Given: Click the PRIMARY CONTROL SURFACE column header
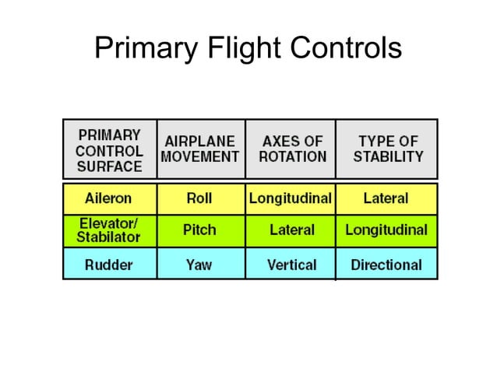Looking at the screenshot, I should pyautogui.click(x=109, y=149).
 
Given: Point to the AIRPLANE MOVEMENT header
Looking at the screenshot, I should pyautogui.click(x=200, y=149).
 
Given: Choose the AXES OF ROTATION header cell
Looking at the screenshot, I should pyautogui.click(x=291, y=149).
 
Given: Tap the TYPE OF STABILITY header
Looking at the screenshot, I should pyautogui.click(x=387, y=149).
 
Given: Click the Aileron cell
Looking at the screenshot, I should pyautogui.click(x=108, y=198).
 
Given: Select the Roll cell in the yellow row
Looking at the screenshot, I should pyautogui.click(x=199, y=198).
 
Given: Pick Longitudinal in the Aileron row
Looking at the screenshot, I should pyautogui.click(x=291, y=198).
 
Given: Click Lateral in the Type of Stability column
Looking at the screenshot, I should pyautogui.click(x=386, y=198).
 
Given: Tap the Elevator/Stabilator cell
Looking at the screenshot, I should pyautogui.click(x=108, y=230).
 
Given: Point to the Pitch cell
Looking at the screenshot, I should pyautogui.click(x=199, y=230).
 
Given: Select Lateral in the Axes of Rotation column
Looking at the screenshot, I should pyautogui.click(x=291, y=230).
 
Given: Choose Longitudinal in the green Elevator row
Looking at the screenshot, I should pyautogui.click(x=386, y=230).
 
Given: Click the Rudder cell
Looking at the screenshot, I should pyautogui.click(x=108, y=265).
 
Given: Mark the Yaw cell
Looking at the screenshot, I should pyautogui.click(x=199, y=265).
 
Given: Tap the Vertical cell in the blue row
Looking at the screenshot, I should pyautogui.click(x=291, y=265).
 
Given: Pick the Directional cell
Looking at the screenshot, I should pyautogui.click(x=386, y=265).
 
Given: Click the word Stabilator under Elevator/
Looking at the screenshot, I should pyautogui.click(x=108, y=237).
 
